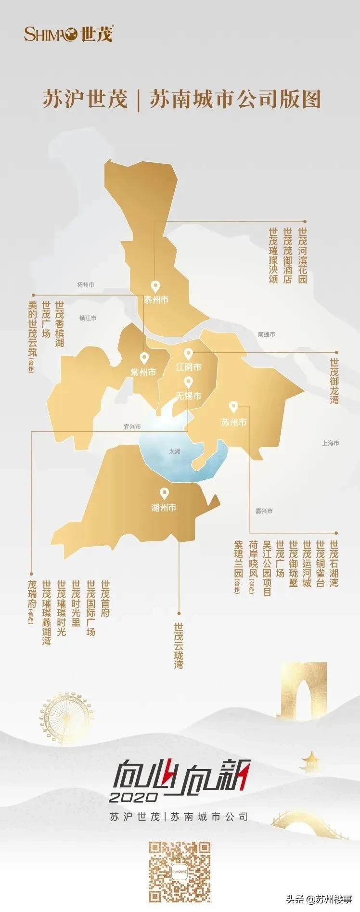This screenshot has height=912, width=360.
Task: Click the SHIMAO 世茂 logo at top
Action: tap(68, 34)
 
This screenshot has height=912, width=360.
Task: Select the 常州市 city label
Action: tap(143, 372)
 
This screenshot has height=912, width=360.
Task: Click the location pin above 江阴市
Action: tap(188, 354)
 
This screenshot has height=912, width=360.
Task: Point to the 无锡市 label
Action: tap(188, 396)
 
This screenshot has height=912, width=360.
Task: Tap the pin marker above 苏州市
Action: tap(233, 407)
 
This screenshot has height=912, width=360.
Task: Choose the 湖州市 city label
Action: tap(164, 507)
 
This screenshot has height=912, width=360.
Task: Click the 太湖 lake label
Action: tap(174, 451)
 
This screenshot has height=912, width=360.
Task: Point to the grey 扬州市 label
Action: tap(86, 284)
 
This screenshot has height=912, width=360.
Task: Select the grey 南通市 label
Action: tap(266, 334)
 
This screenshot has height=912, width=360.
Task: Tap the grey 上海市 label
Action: tap(331, 443)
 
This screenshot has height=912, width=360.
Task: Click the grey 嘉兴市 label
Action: tap(264, 511)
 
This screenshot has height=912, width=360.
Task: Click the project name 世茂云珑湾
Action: tap(179, 645)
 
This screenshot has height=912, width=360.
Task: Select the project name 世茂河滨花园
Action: tap(302, 256)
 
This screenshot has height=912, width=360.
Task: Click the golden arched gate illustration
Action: tap(297, 691)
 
